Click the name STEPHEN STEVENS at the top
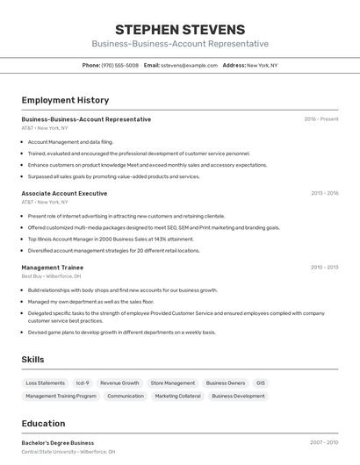coord(179,30)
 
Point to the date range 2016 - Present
coord(320,119)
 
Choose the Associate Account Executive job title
coord(64,193)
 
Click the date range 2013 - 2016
coord(324,193)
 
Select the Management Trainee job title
coord(52,267)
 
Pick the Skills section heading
coord(32,360)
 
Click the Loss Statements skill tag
coord(45,383)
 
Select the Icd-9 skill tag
coord(83,383)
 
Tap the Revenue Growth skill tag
coord(119,383)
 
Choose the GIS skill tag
coord(260,383)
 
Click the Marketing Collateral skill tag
coord(177,396)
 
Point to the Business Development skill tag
coord(238,396)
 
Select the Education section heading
coord(43,423)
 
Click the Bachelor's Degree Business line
coord(57,443)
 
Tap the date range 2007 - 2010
coord(324,443)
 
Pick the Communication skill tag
coord(126,396)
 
